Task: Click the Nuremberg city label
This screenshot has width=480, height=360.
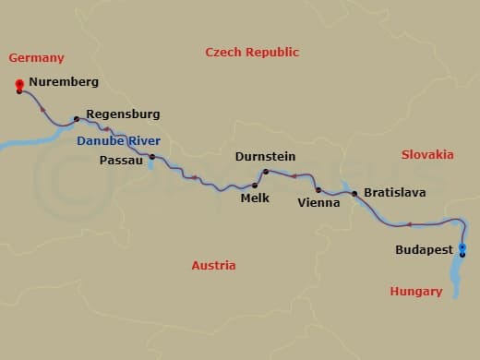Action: pyautogui.click(x=63, y=81)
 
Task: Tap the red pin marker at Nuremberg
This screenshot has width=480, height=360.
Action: pyautogui.click(x=19, y=86)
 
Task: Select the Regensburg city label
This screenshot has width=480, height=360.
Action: pyautogui.click(x=123, y=114)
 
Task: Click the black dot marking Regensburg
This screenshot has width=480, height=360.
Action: pyautogui.click(x=76, y=119)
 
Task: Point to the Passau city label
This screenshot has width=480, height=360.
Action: pyautogui.click(x=121, y=159)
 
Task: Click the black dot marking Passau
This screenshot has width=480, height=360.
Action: pyautogui.click(x=152, y=157)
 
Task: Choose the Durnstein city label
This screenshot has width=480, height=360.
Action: pyautogui.click(x=265, y=157)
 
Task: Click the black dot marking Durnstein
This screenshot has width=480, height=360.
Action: pyautogui.click(x=266, y=172)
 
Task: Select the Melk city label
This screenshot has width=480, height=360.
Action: pyautogui.click(x=254, y=198)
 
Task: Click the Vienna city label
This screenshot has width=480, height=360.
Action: pyautogui.click(x=318, y=201)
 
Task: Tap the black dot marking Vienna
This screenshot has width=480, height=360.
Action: pyautogui.click(x=318, y=189)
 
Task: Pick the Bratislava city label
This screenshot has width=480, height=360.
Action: pyautogui.click(x=394, y=193)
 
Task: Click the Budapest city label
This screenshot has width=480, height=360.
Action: pyautogui.click(x=424, y=249)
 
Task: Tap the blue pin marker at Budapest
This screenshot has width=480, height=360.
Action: pyautogui.click(x=462, y=248)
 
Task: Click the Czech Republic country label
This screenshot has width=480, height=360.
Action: pyautogui.click(x=252, y=53)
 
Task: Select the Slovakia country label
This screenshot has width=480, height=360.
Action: pyautogui.click(x=427, y=154)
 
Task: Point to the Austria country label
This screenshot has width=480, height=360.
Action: pyautogui.click(x=213, y=265)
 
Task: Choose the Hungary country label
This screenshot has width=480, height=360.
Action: pyautogui.click(x=415, y=291)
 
